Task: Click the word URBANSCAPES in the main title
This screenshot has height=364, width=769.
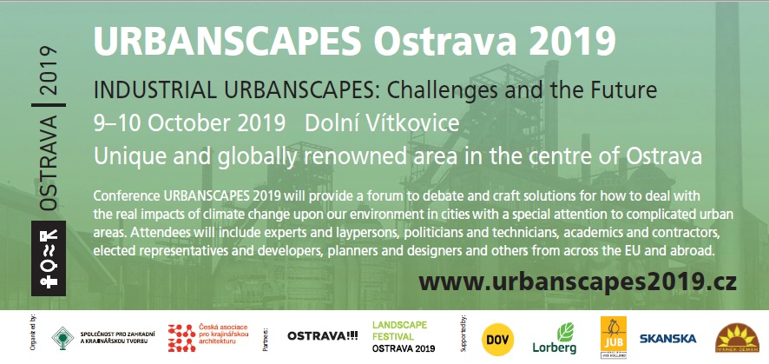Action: (x=224, y=39)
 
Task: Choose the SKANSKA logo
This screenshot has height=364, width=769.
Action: (x=666, y=337)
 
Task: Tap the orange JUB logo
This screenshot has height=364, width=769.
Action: (x=613, y=336)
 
